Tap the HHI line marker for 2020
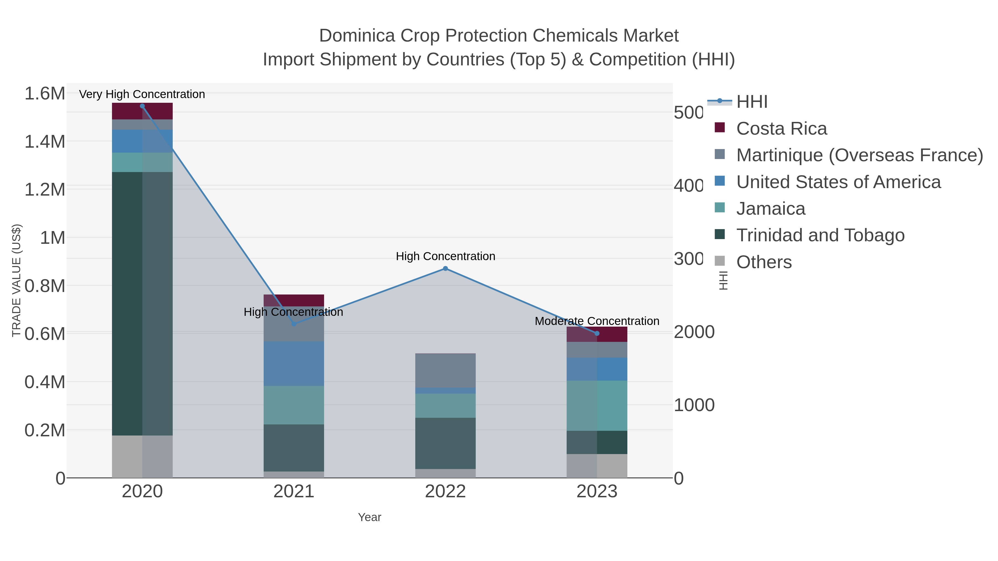pos(142,106)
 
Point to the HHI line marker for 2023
pos(597,333)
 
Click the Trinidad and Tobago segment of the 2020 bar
pos(142,304)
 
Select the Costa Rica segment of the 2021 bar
pos(294,300)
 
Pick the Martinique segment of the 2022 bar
pos(445,370)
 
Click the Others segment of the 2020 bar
pos(142,457)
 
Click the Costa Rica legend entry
pos(781,129)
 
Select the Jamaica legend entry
pos(770,209)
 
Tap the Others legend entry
pos(763,262)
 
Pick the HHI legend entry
pos(751,102)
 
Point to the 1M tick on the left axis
pos(52,237)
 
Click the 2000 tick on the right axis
pos(694,332)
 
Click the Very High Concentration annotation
pos(142,94)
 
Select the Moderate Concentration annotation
pos(597,321)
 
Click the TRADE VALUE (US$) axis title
pos(16,280)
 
